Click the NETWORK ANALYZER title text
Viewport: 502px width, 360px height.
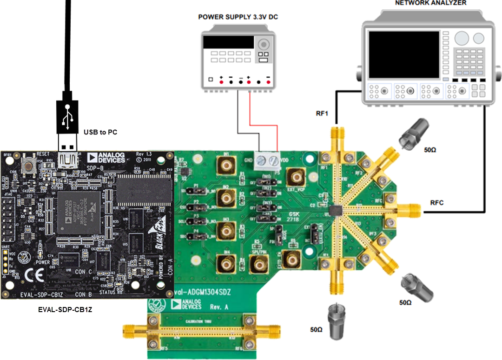click(430, 3)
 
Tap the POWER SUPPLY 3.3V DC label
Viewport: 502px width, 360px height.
click(238, 17)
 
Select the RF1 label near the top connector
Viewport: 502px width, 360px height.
click(322, 113)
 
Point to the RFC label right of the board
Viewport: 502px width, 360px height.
click(437, 202)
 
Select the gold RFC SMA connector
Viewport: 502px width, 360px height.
click(409, 210)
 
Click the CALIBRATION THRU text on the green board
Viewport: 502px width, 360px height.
click(200, 321)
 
